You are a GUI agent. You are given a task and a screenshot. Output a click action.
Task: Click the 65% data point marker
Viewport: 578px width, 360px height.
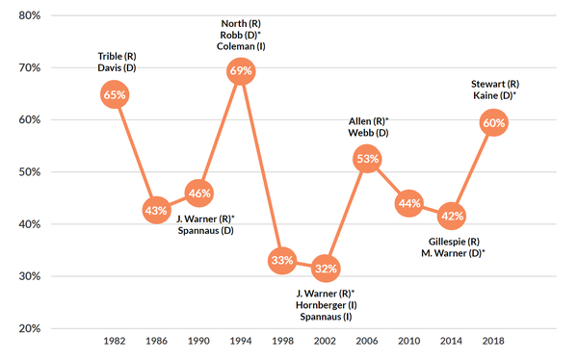[115, 94]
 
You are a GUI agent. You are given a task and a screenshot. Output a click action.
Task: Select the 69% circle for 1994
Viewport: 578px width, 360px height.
[241, 71]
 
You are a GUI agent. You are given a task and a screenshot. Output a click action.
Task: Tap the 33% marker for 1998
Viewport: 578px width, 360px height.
[282, 260]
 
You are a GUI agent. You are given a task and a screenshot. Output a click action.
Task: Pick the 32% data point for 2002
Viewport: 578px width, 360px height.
[326, 267]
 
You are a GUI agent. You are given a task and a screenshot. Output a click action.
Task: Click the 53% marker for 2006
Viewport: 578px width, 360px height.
[367, 159]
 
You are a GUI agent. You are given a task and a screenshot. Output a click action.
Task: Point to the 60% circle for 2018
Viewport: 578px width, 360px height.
[494, 123]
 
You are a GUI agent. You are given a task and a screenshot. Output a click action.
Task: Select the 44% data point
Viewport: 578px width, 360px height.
[409, 203]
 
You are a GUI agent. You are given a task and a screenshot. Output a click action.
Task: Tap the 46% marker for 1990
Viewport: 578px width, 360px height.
[199, 193]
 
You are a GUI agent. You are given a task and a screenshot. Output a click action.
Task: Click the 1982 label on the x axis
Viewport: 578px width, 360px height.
[115, 342]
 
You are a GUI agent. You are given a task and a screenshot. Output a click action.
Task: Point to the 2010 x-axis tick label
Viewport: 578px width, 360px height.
[409, 342]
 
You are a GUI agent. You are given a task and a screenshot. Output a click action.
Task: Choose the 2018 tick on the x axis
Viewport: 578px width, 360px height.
[494, 342]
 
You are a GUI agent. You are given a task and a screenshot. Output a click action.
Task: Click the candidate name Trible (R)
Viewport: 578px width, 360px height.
[116, 55]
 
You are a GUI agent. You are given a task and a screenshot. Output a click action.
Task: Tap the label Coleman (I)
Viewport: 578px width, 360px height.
[242, 45]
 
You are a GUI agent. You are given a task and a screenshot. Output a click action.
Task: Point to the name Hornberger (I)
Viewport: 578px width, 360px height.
[327, 305]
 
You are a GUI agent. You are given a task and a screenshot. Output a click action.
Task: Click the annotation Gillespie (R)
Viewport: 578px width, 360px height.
[453, 240]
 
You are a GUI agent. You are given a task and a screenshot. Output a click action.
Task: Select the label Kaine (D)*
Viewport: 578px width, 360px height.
[495, 96]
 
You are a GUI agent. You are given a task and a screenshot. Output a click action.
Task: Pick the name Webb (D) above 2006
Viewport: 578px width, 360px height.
[368, 133]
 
